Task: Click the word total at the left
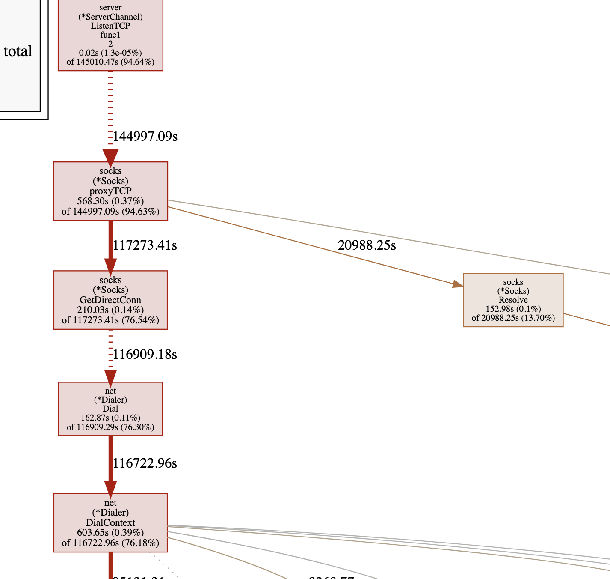[x=18, y=51]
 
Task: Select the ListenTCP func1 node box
[x=110, y=34]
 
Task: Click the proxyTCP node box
[x=110, y=191]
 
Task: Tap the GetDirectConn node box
[x=110, y=300]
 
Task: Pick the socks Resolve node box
[x=513, y=300]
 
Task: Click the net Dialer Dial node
[x=110, y=409]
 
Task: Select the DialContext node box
[x=110, y=522]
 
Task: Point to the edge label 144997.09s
[x=145, y=137]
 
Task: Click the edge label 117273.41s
[x=145, y=245]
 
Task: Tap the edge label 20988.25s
[x=367, y=245]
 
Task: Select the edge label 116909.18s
[x=145, y=355]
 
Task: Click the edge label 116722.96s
[x=145, y=463]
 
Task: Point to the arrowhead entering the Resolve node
[x=458, y=284]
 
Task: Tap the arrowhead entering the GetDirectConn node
[x=110, y=265]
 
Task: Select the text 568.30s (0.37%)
[x=110, y=201]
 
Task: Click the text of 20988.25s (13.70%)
[x=513, y=318]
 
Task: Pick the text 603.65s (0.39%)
[x=110, y=533]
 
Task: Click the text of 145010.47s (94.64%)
[x=110, y=62]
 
